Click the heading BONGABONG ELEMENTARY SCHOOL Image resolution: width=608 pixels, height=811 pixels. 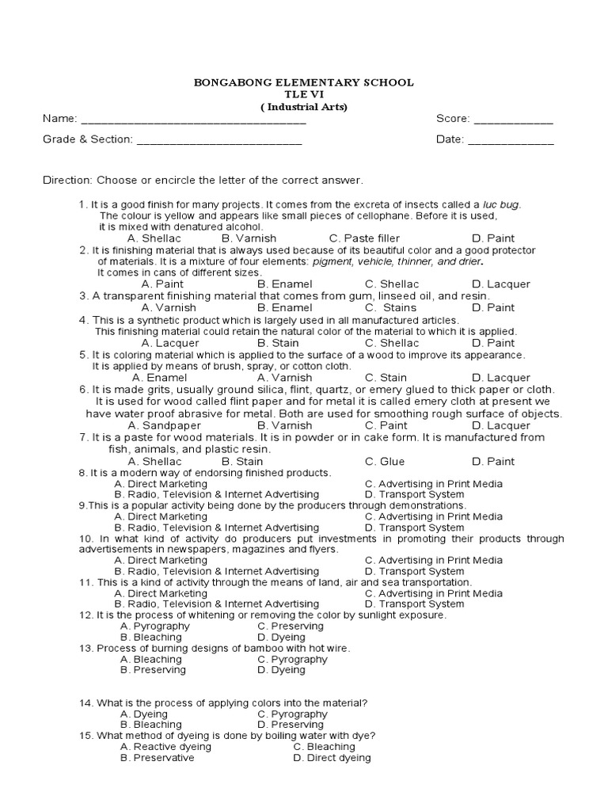[304, 82]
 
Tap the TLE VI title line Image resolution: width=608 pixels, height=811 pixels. [304, 94]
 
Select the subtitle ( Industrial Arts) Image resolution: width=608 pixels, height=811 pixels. [304, 107]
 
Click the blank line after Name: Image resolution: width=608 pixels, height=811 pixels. [193, 120]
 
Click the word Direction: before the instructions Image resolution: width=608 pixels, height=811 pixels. [67, 180]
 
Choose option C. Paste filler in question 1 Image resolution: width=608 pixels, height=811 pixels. [364, 238]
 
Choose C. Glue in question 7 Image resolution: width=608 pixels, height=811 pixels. [384, 462]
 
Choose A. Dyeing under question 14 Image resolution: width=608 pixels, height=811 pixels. [144, 714]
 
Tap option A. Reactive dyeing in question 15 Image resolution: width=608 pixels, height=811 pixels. [165, 747]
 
